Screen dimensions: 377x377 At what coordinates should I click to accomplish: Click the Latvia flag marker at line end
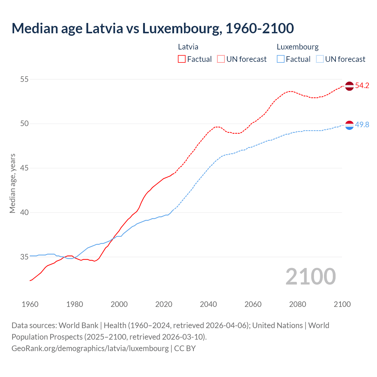(349, 86)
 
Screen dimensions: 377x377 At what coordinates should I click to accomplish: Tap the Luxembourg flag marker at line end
(349, 125)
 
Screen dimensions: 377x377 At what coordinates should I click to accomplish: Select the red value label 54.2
(362, 86)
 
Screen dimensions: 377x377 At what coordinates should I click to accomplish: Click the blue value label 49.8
(362, 125)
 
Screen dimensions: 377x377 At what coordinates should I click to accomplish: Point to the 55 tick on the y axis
(24, 79)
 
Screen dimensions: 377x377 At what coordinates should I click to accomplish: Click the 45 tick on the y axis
(24, 168)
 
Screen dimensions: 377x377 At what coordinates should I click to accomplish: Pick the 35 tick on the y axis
(24, 257)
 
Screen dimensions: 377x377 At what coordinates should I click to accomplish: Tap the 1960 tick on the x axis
(30, 304)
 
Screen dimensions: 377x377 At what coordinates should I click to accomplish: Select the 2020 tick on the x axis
(164, 304)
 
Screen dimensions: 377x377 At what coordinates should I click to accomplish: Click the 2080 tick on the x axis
(297, 304)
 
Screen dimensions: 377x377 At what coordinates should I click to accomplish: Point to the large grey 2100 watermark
(310, 276)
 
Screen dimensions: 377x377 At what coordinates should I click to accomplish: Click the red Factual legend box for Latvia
(182, 59)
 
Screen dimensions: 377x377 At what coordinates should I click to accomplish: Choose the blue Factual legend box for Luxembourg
(280, 59)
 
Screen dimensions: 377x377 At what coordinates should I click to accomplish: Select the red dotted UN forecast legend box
(221, 59)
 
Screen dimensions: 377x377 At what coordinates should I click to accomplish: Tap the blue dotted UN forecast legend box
(320, 59)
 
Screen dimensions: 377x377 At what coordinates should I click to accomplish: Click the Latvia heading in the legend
(188, 47)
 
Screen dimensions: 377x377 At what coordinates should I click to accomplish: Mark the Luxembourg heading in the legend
(297, 47)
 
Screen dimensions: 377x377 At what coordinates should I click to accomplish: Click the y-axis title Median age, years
(12, 183)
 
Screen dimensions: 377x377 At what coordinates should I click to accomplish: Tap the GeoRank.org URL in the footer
(90, 348)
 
